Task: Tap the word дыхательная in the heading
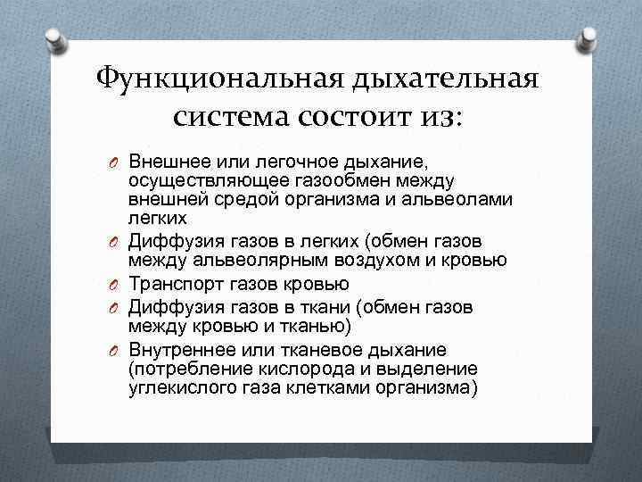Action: pyautogui.click(x=445, y=80)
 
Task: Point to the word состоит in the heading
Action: pyautogui.click(x=356, y=116)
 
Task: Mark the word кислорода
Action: pyautogui.click(x=294, y=368)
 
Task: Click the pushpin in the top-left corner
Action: pyautogui.click(x=53, y=37)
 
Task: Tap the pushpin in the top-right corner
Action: pyautogui.click(x=588, y=37)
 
